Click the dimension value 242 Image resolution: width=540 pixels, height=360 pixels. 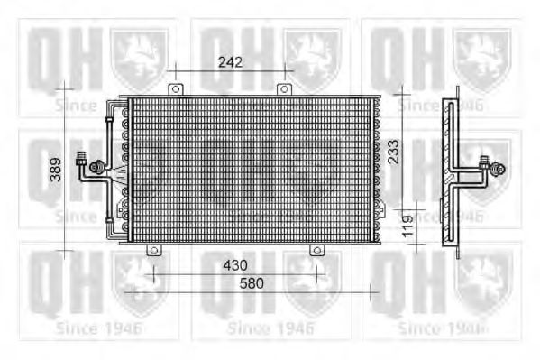click(232, 61)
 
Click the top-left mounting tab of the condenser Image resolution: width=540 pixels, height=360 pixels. click(176, 90)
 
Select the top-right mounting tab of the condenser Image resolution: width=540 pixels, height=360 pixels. click(284, 90)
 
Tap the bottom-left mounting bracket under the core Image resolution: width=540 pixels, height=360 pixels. click(153, 249)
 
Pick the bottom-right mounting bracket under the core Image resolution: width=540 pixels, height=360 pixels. click(316, 249)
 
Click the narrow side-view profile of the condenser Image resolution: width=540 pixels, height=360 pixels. click(455, 171)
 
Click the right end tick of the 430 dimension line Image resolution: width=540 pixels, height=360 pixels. click(316, 273)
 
